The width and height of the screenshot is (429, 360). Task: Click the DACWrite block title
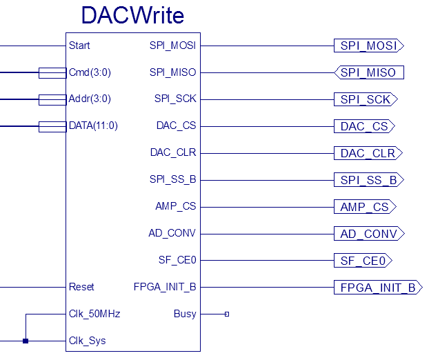[132, 15]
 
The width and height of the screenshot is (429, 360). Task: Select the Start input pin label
[80, 46]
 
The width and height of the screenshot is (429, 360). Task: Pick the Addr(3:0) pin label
[90, 99]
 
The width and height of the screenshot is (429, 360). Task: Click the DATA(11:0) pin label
[94, 126]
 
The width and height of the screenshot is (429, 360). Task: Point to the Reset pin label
[82, 287]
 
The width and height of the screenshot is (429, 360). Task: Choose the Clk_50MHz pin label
[94, 314]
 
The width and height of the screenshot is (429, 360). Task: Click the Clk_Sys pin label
[88, 341]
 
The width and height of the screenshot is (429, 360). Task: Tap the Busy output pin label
[185, 314]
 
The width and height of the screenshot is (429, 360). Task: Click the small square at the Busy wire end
[226, 314]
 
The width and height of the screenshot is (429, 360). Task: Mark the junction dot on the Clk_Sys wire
[26, 341]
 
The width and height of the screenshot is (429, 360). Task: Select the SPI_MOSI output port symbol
[368, 46]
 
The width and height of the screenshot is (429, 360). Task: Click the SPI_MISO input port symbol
[368, 72]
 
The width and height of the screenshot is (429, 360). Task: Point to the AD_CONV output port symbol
[368, 234]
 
